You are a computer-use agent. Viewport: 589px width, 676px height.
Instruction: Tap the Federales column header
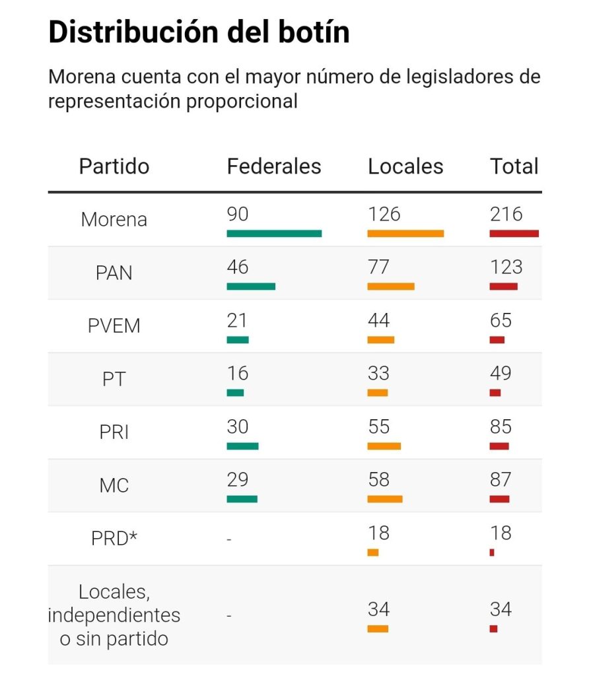274,166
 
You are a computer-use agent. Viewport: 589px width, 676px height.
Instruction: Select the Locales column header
405,166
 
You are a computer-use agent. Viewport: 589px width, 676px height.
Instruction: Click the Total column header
514,166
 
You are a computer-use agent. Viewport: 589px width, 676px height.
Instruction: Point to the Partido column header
114,166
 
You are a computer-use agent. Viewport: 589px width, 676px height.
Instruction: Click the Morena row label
114,220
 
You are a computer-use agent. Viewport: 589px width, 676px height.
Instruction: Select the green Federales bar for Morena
274,234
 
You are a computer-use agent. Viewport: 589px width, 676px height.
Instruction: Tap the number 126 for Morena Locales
384,214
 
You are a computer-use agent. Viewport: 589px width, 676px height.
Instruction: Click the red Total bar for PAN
503,287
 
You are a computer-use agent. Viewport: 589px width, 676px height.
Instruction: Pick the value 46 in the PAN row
237,267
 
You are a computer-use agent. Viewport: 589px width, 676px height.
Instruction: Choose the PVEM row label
114,326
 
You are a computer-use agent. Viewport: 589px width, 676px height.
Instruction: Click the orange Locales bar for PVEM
380,340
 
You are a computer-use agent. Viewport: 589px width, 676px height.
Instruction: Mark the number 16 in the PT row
237,373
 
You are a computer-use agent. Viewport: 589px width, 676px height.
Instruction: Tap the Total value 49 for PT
501,373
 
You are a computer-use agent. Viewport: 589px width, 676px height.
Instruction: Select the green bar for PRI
242,446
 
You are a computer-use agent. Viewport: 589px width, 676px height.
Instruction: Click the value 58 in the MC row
379,479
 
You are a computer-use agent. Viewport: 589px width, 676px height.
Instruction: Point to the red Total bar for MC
499,499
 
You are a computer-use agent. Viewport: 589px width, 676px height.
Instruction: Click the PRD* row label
114,539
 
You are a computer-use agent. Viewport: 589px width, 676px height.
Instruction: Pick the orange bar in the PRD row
373,553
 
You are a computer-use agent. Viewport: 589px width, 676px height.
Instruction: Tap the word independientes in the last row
114,615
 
